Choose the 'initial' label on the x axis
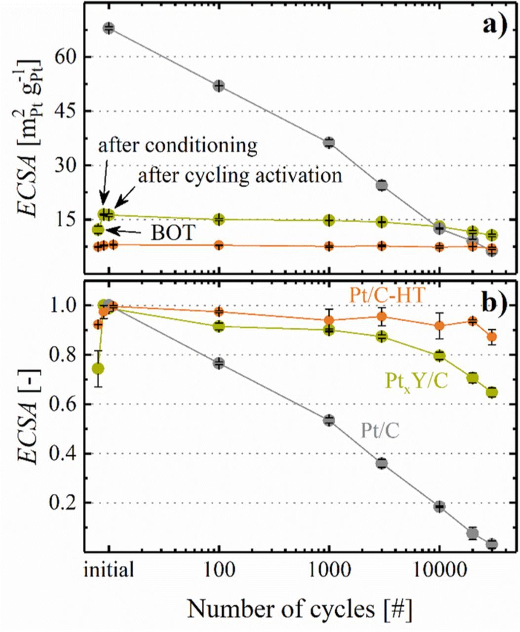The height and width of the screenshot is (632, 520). [108, 571]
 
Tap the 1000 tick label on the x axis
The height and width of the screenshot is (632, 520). [329, 571]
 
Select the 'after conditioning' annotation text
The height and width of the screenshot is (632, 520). [178, 146]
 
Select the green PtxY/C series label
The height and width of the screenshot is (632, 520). [416, 380]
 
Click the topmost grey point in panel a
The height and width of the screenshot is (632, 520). [109, 28]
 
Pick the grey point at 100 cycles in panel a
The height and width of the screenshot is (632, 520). [219, 86]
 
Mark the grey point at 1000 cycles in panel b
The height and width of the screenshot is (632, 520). [329, 420]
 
